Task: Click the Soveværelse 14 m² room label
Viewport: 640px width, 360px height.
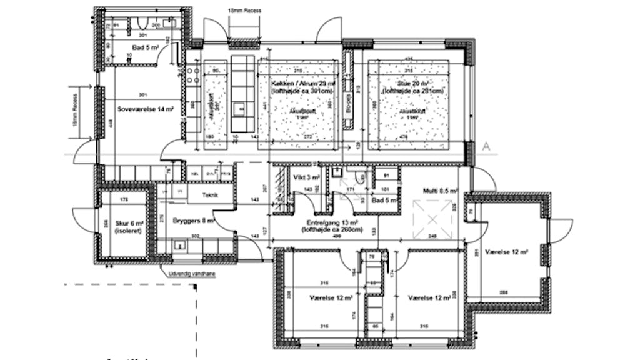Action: (145, 109)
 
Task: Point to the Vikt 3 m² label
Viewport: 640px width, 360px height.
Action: (306, 177)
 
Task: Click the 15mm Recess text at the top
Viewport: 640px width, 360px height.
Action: (245, 11)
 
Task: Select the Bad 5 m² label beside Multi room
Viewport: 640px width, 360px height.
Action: (380, 201)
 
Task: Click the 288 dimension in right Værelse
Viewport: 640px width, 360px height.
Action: (503, 292)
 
